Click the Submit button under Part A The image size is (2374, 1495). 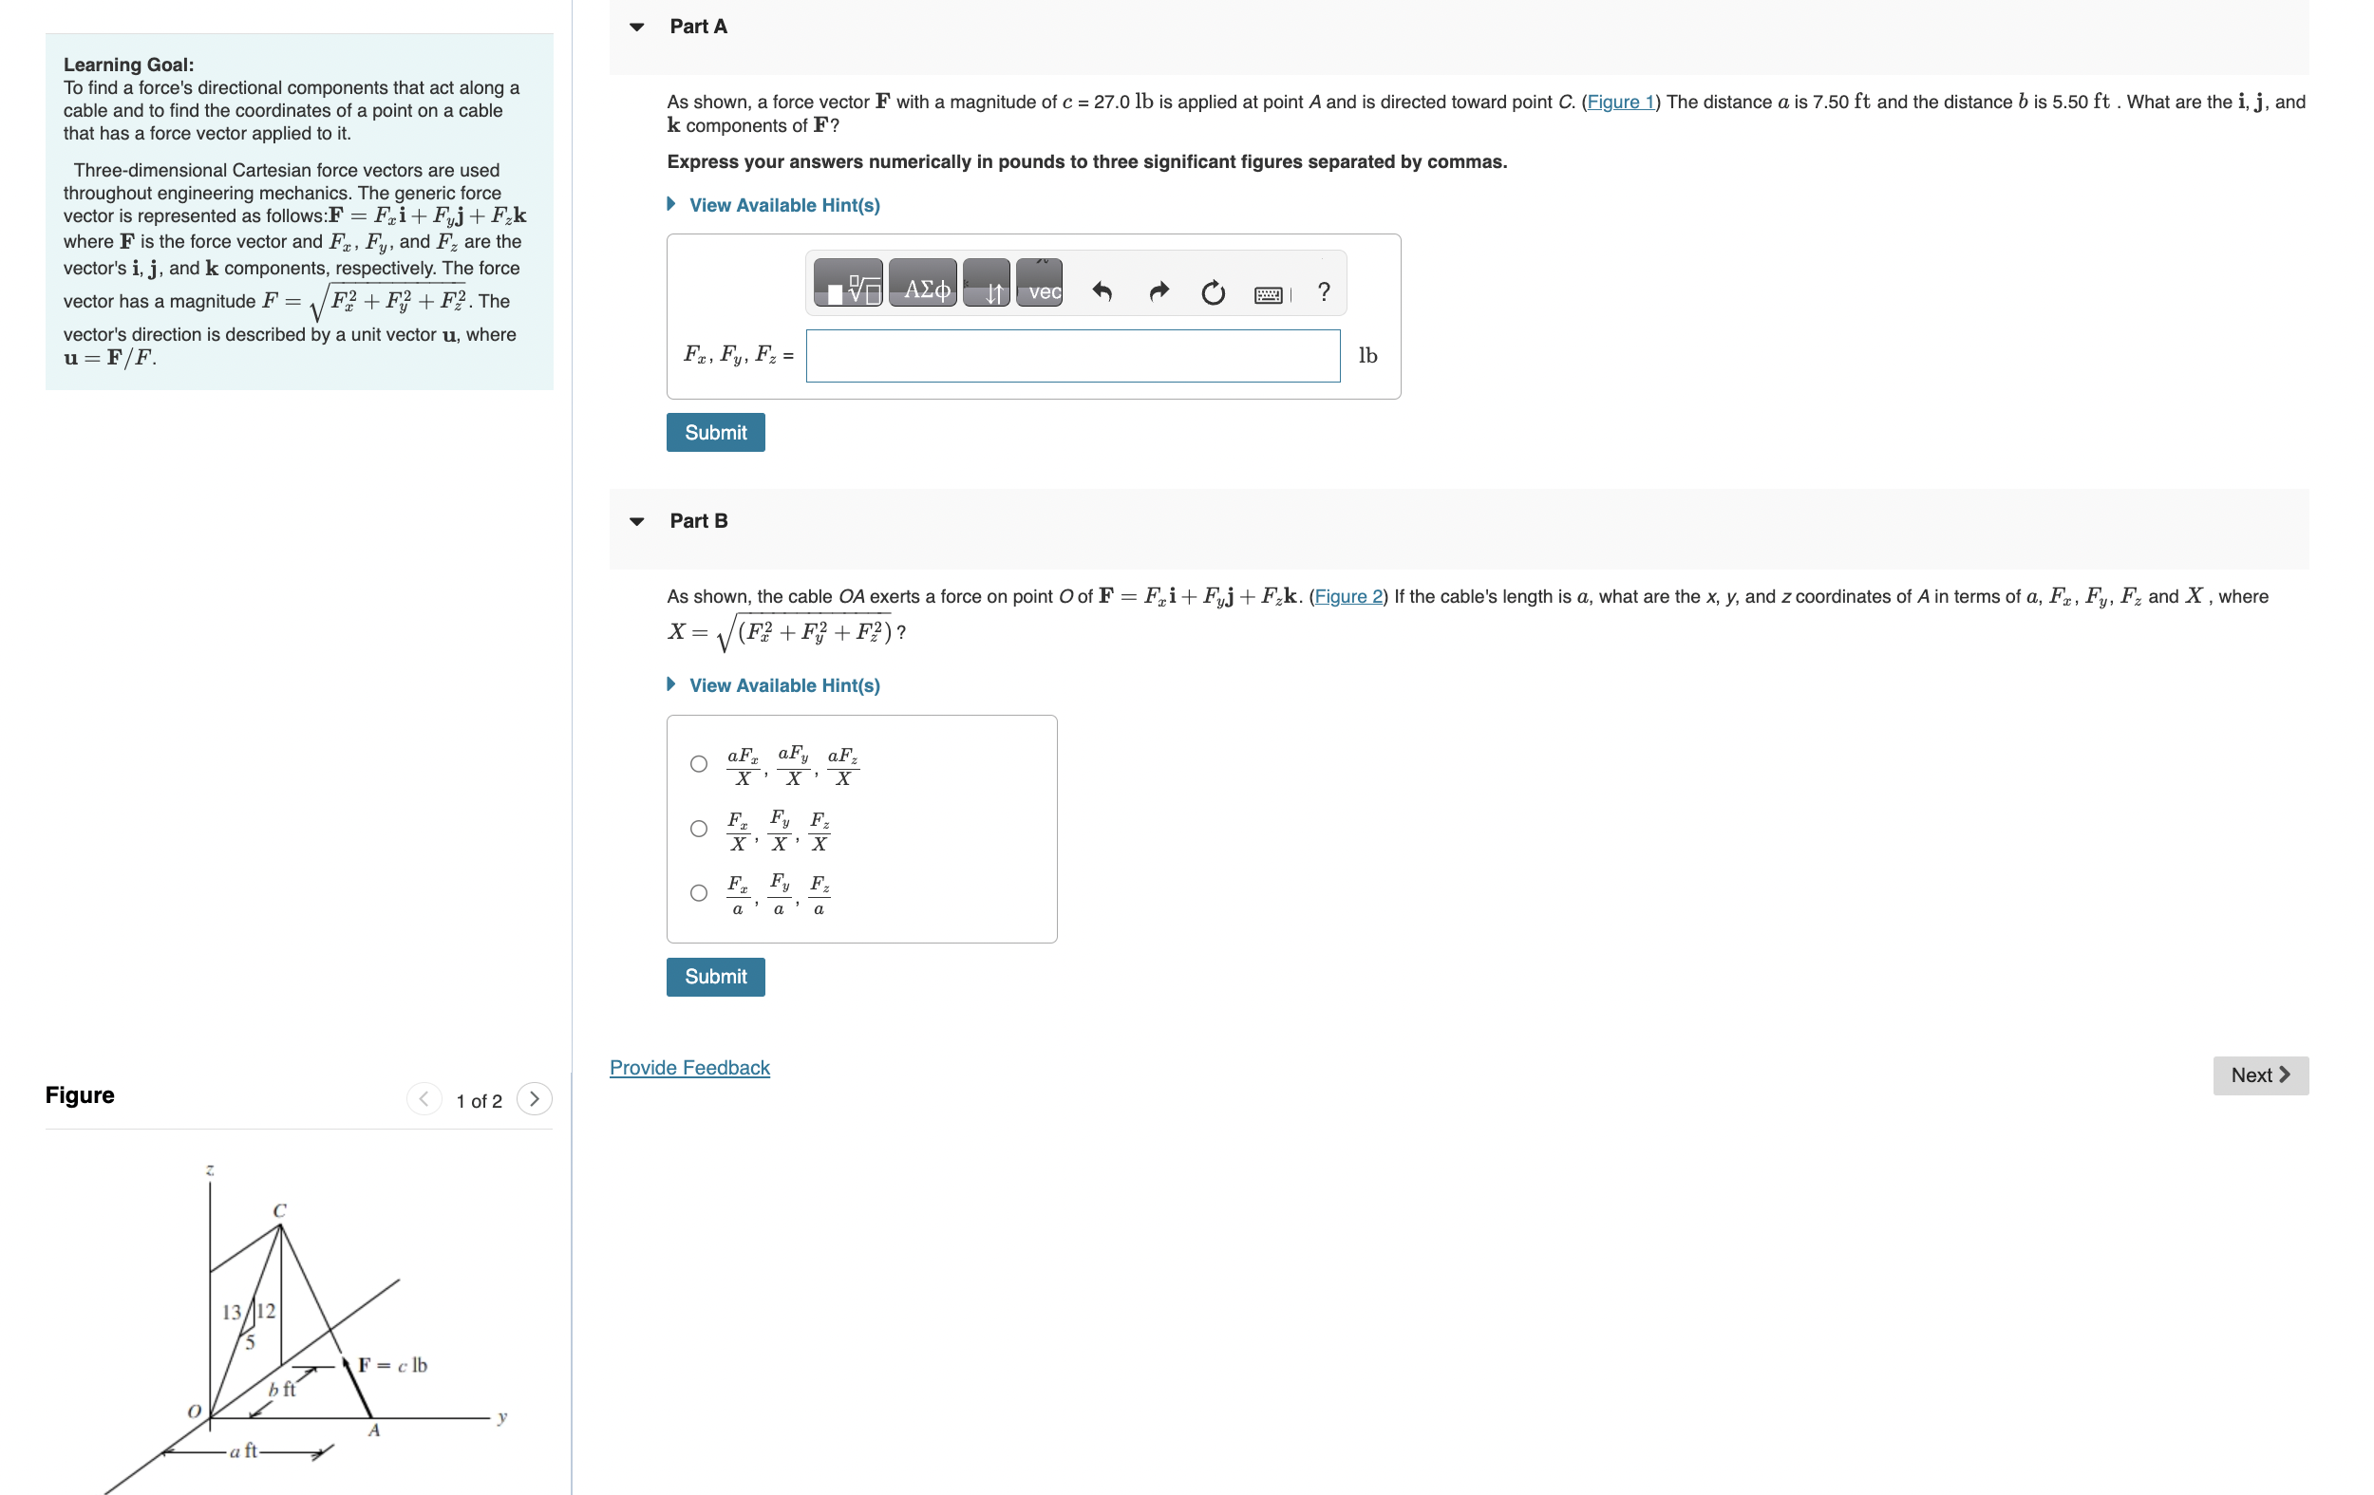point(715,433)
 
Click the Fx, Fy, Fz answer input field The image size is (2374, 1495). point(1072,356)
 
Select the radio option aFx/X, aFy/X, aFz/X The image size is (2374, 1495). point(699,764)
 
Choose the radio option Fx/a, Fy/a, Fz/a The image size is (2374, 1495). point(699,893)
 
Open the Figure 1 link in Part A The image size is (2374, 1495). point(1620,103)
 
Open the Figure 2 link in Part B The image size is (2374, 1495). point(1347,596)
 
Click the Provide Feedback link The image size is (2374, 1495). point(689,1067)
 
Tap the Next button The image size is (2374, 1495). point(2259,1075)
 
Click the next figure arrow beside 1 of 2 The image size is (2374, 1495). point(535,1099)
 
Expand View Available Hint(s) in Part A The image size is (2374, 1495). point(783,205)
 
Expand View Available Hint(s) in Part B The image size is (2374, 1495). point(783,685)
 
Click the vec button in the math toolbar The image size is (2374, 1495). point(1039,285)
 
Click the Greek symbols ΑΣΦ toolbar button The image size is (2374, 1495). point(923,285)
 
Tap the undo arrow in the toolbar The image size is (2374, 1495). point(1102,291)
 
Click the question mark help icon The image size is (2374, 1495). point(1323,290)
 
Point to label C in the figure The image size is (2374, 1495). point(280,1210)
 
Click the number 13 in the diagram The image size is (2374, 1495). point(232,1313)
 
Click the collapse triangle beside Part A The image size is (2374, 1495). point(637,28)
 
